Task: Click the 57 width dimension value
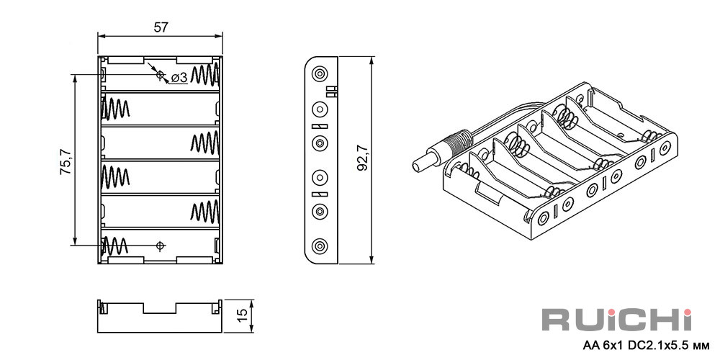(160, 27)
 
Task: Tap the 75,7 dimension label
(66, 161)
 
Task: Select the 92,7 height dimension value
(363, 158)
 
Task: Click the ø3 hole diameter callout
(179, 78)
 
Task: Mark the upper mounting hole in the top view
(161, 74)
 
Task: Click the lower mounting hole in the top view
(161, 246)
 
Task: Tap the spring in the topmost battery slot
(205, 74)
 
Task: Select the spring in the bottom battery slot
(114, 246)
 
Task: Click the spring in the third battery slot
(205, 143)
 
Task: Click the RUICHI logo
(617, 319)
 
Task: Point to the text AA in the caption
(589, 344)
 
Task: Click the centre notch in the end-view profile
(160, 308)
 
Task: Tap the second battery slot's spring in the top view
(115, 109)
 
